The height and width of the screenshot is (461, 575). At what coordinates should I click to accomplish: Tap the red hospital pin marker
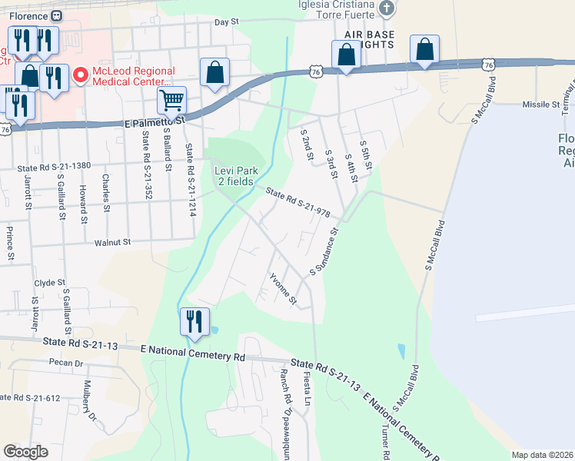[x=79, y=76]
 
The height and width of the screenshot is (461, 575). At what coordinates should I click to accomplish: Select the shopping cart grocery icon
[x=171, y=99]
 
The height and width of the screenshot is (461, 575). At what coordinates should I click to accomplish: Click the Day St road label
[x=228, y=22]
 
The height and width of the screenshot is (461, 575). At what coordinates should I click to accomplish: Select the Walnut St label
[x=114, y=242]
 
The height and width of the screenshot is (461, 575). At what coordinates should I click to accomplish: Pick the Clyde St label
[x=48, y=283]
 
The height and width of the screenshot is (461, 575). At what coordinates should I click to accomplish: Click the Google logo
[x=25, y=452]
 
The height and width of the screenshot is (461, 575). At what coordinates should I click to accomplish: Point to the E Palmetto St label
[x=155, y=122]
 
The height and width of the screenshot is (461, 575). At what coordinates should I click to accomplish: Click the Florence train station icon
[x=56, y=15]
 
